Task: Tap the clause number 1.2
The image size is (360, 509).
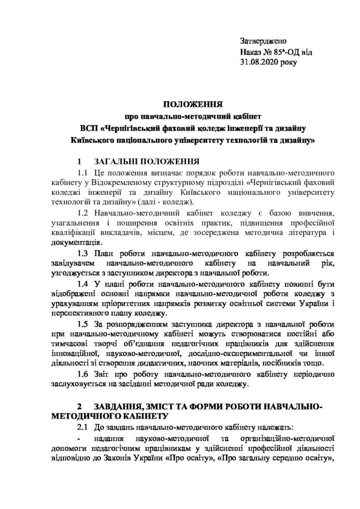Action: point(82,212)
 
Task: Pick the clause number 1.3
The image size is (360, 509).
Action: point(82,254)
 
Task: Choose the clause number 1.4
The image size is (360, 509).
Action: point(82,284)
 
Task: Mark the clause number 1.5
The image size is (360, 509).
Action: point(82,324)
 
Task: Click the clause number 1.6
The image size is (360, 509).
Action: point(82,374)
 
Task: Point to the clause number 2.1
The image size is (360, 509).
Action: point(82,427)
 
